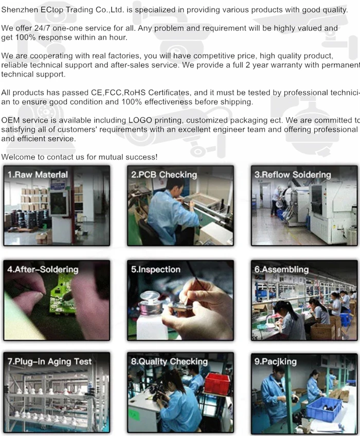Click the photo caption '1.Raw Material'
pyautogui.click(x=38, y=175)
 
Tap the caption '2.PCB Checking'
pyautogui.click(x=164, y=175)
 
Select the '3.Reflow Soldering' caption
pyautogui.click(x=293, y=175)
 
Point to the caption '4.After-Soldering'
pyautogui.click(x=43, y=269)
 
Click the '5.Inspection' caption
pyautogui.click(x=155, y=269)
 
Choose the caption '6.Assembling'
pyautogui.click(x=281, y=269)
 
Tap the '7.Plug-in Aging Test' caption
pyautogui.click(x=49, y=361)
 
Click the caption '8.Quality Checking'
pyautogui.click(x=169, y=361)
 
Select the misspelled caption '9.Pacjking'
pyautogui.click(x=275, y=361)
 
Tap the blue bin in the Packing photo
pyautogui.click(x=324, y=409)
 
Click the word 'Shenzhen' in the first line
pyautogui.click(x=20, y=10)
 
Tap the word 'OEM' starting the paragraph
pyautogui.click(x=11, y=120)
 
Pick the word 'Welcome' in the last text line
pyautogui.click(x=19, y=157)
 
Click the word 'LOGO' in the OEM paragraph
pyautogui.click(x=140, y=120)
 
